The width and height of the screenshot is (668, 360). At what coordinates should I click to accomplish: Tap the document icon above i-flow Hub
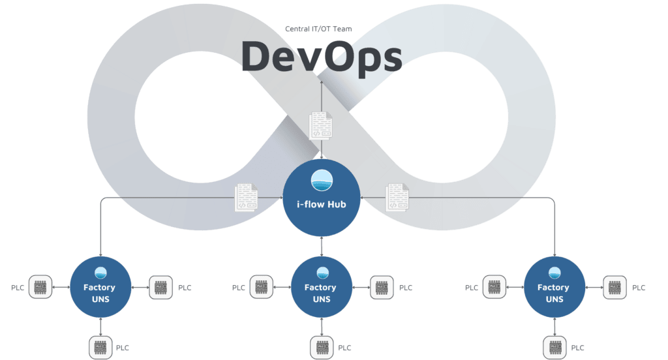tap(320, 125)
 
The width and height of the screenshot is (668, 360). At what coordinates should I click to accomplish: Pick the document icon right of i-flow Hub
tap(397, 197)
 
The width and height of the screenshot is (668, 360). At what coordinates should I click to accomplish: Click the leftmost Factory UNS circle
tap(100, 288)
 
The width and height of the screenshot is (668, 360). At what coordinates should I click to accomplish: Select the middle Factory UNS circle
tap(321, 288)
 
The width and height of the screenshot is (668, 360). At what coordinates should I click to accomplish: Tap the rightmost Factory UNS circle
tap(554, 288)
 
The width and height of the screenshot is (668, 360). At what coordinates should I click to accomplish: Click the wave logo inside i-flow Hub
tap(320, 181)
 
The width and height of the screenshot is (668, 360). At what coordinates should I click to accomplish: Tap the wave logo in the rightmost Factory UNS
tap(554, 273)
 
